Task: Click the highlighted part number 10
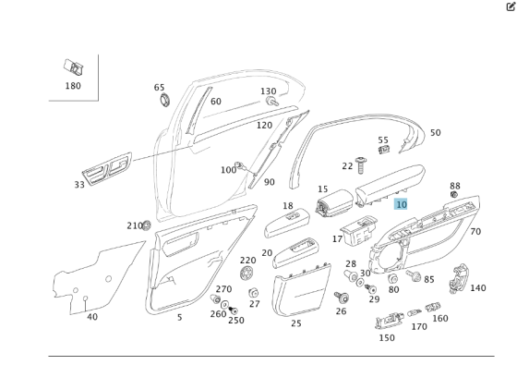click(401, 204)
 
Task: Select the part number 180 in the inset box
click(73, 86)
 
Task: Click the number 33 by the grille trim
click(79, 185)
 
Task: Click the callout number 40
click(92, 317)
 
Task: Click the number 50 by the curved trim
click(435, 133)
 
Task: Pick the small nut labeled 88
click(454, 195)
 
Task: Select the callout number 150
click(387, 337)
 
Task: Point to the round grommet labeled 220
click(246, 274)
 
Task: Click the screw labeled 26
click(341, 298)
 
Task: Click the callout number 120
click(264, 125)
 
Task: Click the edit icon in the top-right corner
click(511, 6)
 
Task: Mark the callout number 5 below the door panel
click(179, 317)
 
